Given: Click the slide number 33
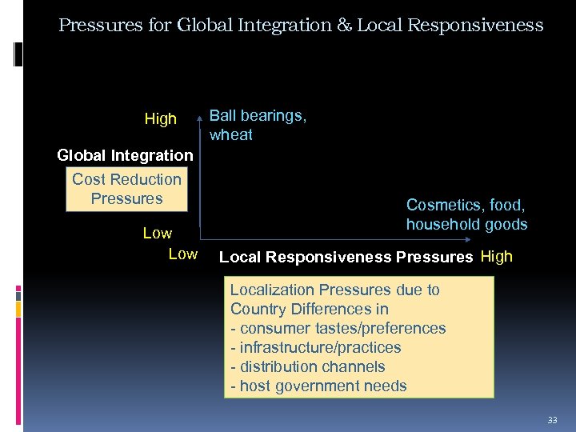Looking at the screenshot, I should (x=552, y=420).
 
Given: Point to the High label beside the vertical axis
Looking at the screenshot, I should (x=160, y=119).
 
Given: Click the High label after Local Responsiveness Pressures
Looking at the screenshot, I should (x=496, y=257).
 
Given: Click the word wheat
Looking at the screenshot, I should (x=231, y=134).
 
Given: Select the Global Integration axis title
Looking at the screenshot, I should (x=125, y=154).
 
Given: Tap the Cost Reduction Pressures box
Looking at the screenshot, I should (x=126, y=189).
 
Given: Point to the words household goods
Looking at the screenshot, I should (x=466, y=224).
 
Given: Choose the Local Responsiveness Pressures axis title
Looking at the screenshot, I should (x=346, y=257).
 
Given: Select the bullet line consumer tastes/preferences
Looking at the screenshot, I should (x=338, y=328).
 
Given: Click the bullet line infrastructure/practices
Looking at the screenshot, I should (x=315, y=347).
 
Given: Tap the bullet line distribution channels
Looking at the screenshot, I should (x=307, y=366).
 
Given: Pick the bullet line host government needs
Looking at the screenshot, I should (x=318, y=386).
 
